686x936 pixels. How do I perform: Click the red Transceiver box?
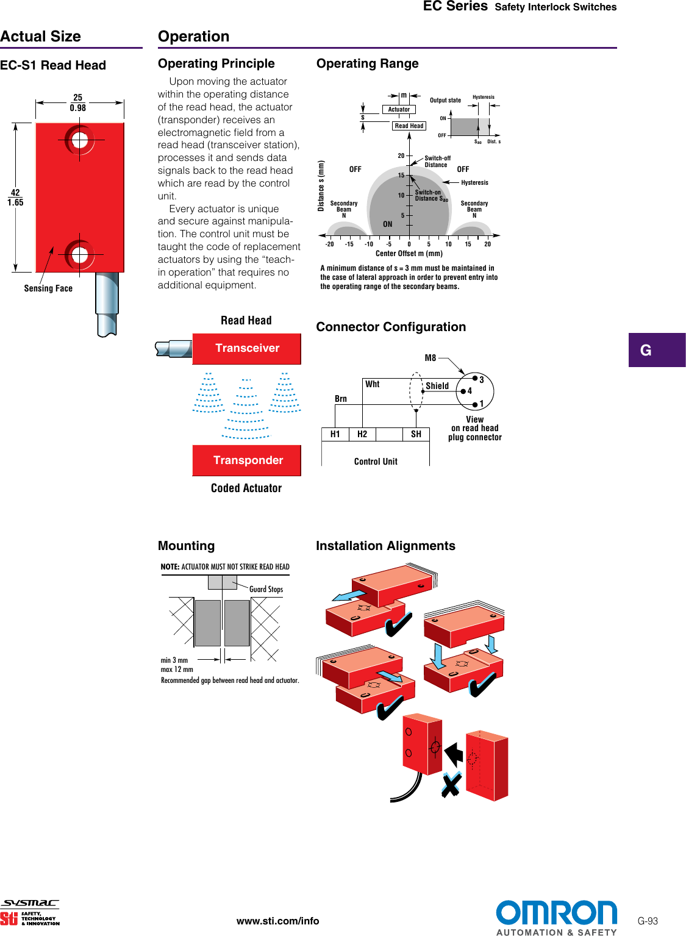247,348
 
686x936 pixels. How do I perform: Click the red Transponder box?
247,460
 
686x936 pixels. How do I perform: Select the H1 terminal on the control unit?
335,434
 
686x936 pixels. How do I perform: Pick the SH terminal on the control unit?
416,434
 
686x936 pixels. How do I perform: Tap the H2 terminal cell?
362,434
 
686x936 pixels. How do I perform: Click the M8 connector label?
431,358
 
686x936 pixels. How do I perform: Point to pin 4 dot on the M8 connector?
463,391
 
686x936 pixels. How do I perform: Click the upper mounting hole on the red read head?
80,141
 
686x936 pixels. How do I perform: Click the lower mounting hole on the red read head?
80,255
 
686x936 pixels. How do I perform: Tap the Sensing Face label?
48,288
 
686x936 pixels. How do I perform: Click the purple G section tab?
657,350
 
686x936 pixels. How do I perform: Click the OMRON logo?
556,913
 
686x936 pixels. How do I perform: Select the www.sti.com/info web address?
277,921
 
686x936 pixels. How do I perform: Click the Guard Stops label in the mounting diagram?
266,589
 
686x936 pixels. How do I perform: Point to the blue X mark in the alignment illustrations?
451,785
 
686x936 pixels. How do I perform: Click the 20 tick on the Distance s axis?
402,156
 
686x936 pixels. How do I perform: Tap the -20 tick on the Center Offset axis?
329,244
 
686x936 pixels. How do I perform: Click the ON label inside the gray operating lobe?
388,224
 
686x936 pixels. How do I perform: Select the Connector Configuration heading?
391,327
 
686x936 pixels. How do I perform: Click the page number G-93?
648,921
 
